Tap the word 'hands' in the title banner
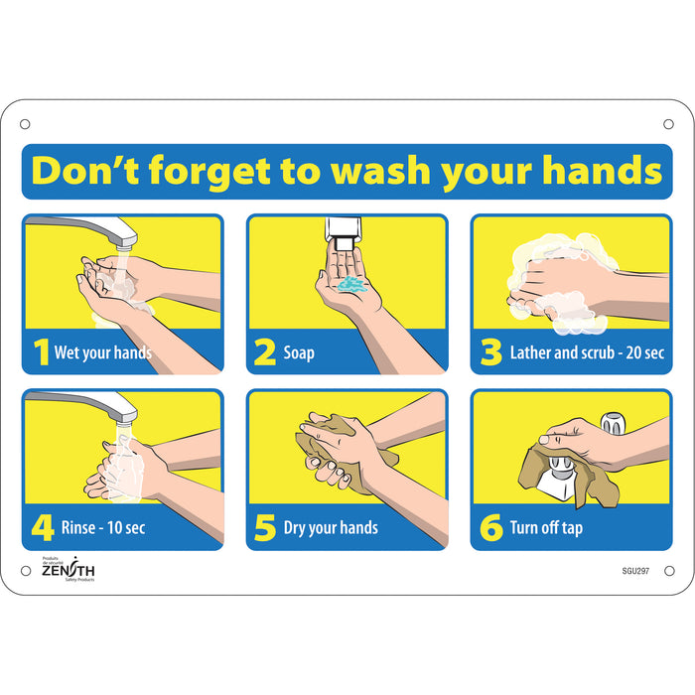coord(603,171)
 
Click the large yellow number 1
coord(41,352)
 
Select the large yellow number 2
coord(265,352)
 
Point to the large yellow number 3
coord(489,352)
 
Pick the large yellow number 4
coord(42,527)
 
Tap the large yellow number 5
coord(265,527)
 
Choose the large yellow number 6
coord(490,527)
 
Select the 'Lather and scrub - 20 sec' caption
coord(587,352)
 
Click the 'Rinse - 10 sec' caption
coord(104,528)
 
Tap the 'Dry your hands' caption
coord(331,528)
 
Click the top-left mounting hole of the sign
coord(25,124)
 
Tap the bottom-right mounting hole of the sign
coord(668,570)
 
